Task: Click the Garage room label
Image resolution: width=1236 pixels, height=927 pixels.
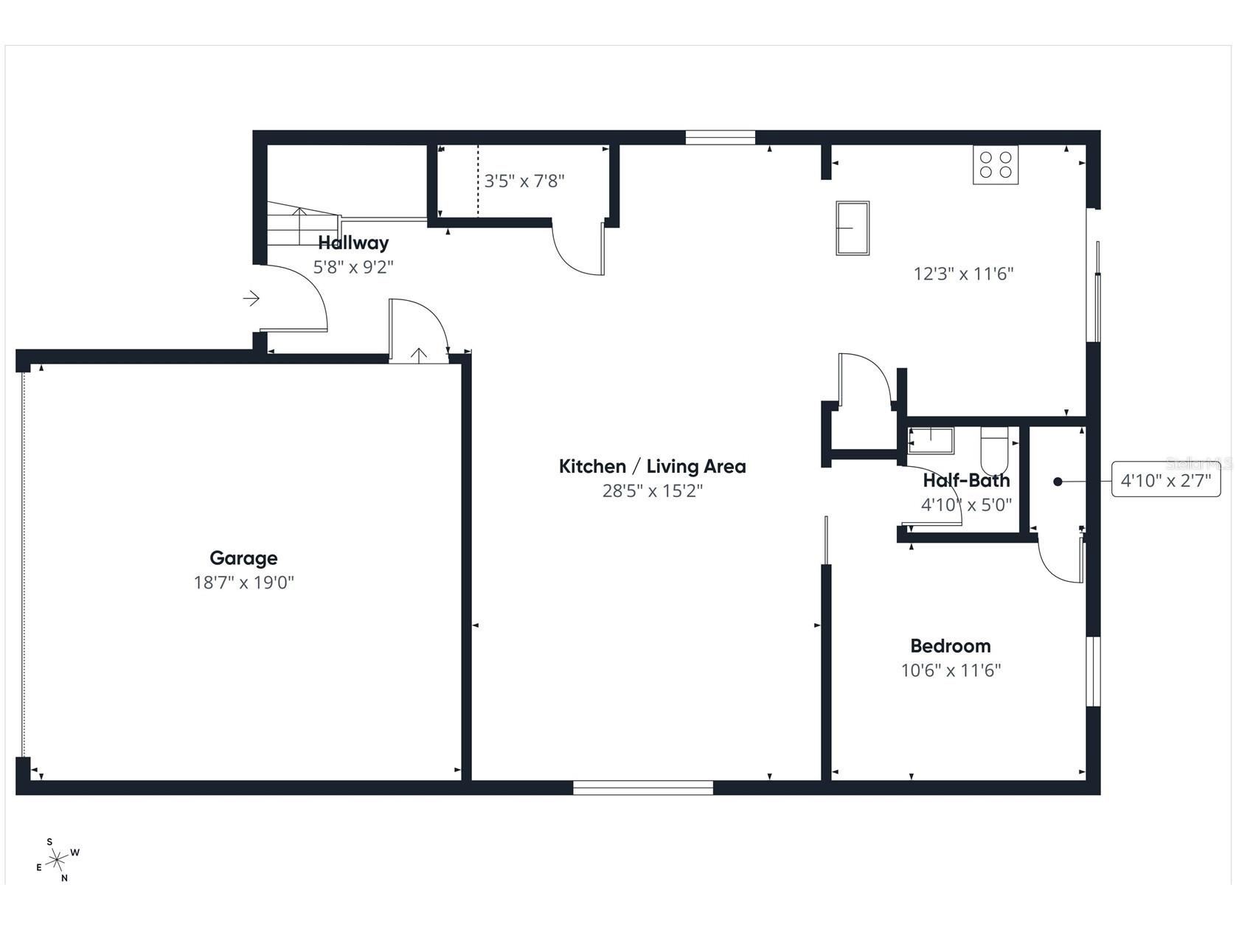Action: [243, 558]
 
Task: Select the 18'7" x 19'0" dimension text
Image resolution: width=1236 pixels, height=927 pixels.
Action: [243, 583]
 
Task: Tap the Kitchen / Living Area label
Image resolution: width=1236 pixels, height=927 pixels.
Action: [652, 466]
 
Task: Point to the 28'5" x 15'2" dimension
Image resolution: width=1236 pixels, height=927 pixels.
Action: [652, 490]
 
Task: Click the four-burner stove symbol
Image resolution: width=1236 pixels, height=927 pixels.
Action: [995, 165]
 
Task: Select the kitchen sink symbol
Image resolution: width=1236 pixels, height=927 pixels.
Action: [852, 228]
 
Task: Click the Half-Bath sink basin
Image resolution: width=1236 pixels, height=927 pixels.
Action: [931, 440]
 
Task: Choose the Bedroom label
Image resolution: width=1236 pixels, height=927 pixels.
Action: [950, 646]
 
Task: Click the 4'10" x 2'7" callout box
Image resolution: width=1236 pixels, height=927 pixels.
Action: [1165, 482]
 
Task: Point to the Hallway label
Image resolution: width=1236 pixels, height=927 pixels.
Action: [353, 243]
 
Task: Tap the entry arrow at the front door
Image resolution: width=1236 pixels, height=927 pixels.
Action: [251, 298]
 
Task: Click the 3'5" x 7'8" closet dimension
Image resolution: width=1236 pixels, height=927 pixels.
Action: [524, 181]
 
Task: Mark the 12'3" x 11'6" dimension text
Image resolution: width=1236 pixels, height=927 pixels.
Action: [963, 274]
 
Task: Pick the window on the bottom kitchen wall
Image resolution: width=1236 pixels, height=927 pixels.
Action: [643, 787]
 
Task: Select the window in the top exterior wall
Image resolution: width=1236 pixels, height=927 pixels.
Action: [720, 137]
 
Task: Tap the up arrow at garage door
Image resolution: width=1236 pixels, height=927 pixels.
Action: [418, 355]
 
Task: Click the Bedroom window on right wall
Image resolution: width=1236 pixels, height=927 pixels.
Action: [1094, 671]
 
